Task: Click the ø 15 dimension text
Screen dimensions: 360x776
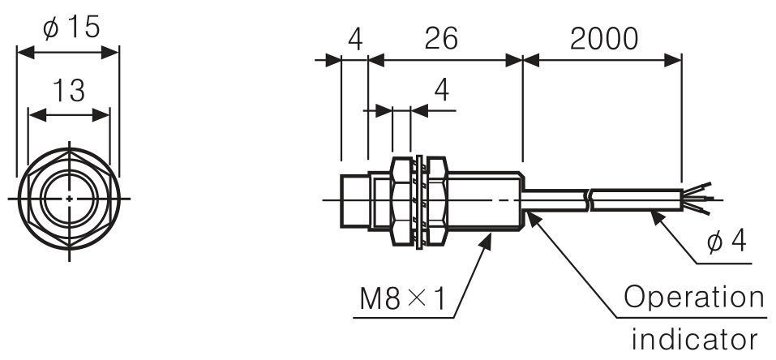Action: coord(71,27)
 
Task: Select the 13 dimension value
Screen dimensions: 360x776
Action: coord(69,91)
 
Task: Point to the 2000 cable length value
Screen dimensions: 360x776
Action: coord(602,38)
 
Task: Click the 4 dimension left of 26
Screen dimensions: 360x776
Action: coord(354,38)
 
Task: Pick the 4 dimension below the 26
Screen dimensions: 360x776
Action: coord(441,90)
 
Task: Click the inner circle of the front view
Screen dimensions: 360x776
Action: coord(69,197)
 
